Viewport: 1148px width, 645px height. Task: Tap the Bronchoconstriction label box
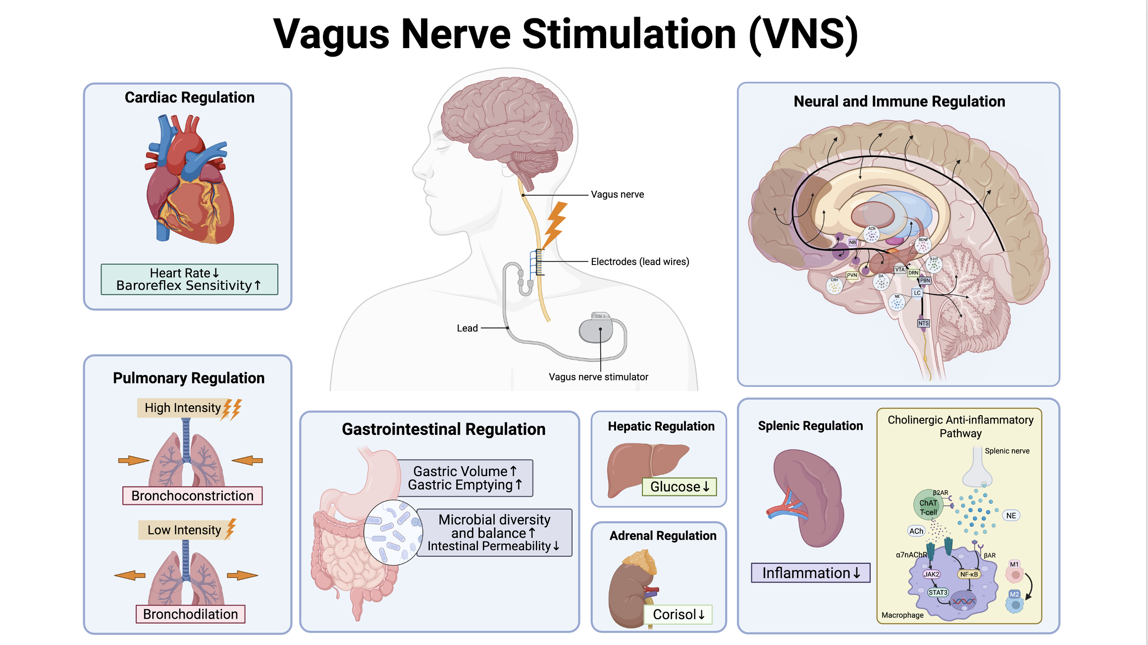click(x=192, y=495)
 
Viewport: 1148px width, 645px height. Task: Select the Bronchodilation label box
click(x=190, y=614)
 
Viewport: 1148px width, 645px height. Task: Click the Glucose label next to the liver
click(x=679, y=486)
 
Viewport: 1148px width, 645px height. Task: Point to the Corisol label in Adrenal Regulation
click(x=678, y=614)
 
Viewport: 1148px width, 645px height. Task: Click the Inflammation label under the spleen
click(x=810, y=573)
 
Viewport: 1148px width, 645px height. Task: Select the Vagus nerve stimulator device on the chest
click(x=597, y=329)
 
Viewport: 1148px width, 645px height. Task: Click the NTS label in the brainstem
click(x=923, y=323)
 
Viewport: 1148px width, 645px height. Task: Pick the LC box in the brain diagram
click(x=917, y=293)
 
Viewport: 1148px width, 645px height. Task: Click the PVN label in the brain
click(x=852, y=275)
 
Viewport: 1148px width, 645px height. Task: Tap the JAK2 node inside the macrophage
click(x=931, y=574)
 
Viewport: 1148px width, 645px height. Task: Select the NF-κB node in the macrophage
click(x=969, y=574)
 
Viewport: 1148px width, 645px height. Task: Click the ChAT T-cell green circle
click(x=928, y=504)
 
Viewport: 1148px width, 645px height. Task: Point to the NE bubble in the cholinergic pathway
click(x=1011, y=515)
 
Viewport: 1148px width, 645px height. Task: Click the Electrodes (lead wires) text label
click(x=640, y=262)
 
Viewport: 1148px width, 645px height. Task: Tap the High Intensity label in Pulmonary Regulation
click(x=182, y=408)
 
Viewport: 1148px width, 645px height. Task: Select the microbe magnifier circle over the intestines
click(x=393, y=533)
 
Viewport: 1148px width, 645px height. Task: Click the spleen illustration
click(x=810, y=498)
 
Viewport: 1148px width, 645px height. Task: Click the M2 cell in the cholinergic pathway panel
click(x=1015, y=601)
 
